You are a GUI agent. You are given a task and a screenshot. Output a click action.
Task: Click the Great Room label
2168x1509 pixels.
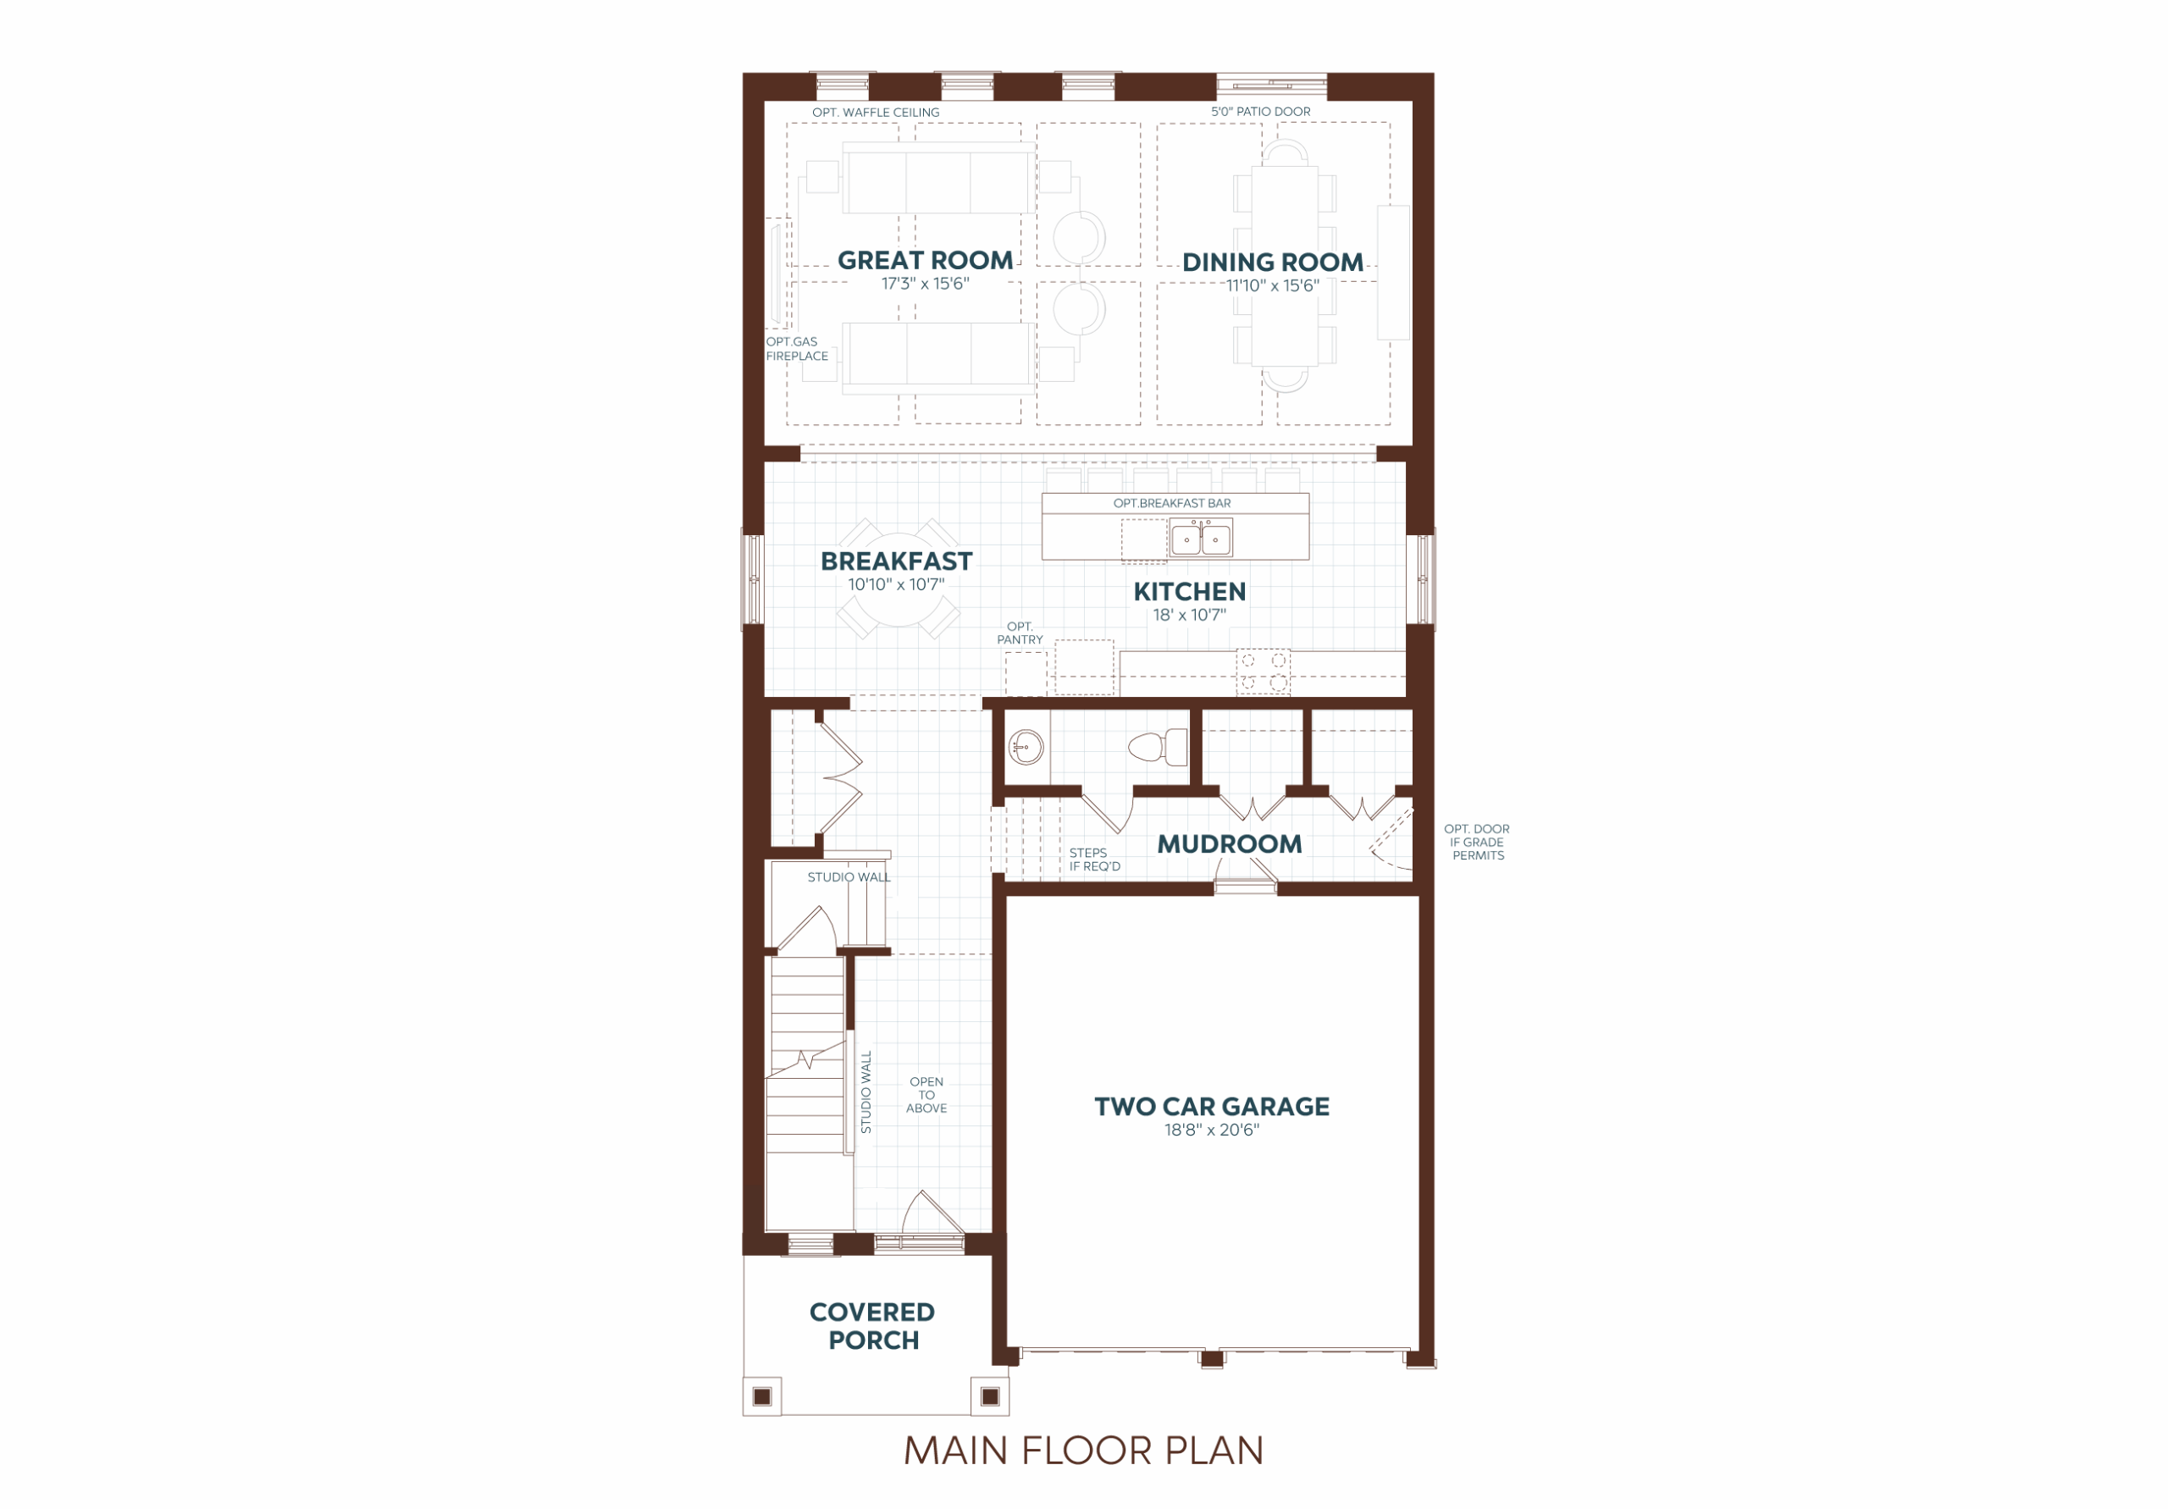click(x=925, y=260)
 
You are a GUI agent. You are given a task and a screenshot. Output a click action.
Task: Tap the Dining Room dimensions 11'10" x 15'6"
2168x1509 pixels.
click(x=1272, y=285)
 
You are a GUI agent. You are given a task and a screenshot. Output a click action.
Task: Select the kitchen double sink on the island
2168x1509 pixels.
click(x=1200, y=539)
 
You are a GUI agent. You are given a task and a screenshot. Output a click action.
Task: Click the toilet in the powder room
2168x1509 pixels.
click(x=1158, y=747)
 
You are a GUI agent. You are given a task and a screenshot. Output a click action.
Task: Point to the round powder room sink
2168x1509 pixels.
click(x=1026, y=748)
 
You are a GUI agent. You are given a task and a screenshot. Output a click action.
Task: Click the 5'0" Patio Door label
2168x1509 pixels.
click(x=1261, y=112)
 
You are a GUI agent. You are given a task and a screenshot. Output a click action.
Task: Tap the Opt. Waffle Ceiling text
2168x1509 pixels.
click(x=876, y=113)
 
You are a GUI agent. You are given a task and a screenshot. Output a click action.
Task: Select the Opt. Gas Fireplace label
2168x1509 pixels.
click(x=796, y=348)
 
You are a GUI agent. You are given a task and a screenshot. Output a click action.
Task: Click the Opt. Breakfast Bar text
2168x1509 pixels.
click(x=1172, y=503)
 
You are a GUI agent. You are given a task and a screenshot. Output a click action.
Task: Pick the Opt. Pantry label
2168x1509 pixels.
click(x=1020, y=633)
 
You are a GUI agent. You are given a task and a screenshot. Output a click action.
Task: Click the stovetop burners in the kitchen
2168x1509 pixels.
click(x=1263, y=672)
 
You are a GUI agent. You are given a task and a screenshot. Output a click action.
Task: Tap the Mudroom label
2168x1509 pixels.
click(x=1230, y=843)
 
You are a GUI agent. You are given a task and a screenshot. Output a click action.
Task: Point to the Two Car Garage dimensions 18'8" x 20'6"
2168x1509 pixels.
click(x=1212, y=1130)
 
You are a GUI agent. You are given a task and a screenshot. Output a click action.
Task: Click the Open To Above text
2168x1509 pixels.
click(x=926, y=1094)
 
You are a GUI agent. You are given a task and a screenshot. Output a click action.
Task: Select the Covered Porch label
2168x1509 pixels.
click(x=872, y=1326)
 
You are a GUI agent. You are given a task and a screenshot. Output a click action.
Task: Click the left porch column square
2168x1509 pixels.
click(x=762, y=1396)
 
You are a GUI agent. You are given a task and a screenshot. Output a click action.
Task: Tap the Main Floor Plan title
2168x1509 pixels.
click(x=1083, y=1451)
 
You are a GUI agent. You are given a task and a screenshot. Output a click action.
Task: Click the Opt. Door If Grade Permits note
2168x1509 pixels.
click(x=1478, y=843)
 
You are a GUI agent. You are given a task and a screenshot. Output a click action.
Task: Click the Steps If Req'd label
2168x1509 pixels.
click(x=1094, y=860)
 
